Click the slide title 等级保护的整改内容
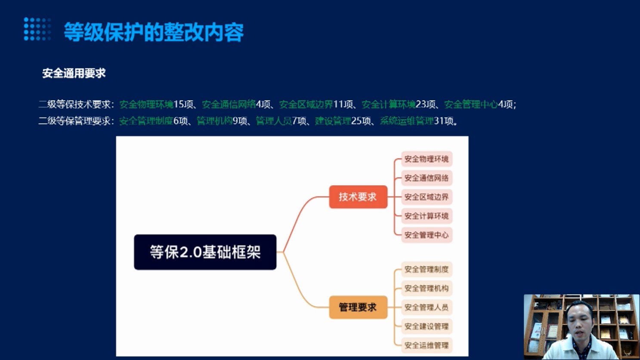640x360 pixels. tap(154, 32)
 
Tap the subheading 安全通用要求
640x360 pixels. tap(74, 74)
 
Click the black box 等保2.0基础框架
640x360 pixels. tap(205, 252)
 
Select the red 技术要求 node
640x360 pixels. tap(358, 197)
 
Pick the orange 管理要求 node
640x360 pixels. tap(358, 307)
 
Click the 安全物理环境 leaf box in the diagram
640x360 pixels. tap(427, 159)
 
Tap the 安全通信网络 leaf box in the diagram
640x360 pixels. tap(427, 178)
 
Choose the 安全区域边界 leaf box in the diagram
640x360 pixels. tap(427, 197)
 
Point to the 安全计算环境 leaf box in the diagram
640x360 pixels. tap(427, 216)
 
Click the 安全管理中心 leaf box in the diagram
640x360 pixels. tap(427, 235)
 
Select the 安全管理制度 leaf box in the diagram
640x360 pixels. tap(427, 269)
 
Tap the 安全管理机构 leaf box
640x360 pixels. tap(427, 288)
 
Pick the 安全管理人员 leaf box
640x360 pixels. tap(427, 307)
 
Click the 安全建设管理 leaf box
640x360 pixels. tap(427, 326)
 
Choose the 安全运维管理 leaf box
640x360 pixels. tap(427, 345)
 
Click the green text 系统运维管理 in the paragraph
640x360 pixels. tap(407, 121)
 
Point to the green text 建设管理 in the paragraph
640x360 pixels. tap(333, 121)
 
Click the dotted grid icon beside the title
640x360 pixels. tap(37, 29)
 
